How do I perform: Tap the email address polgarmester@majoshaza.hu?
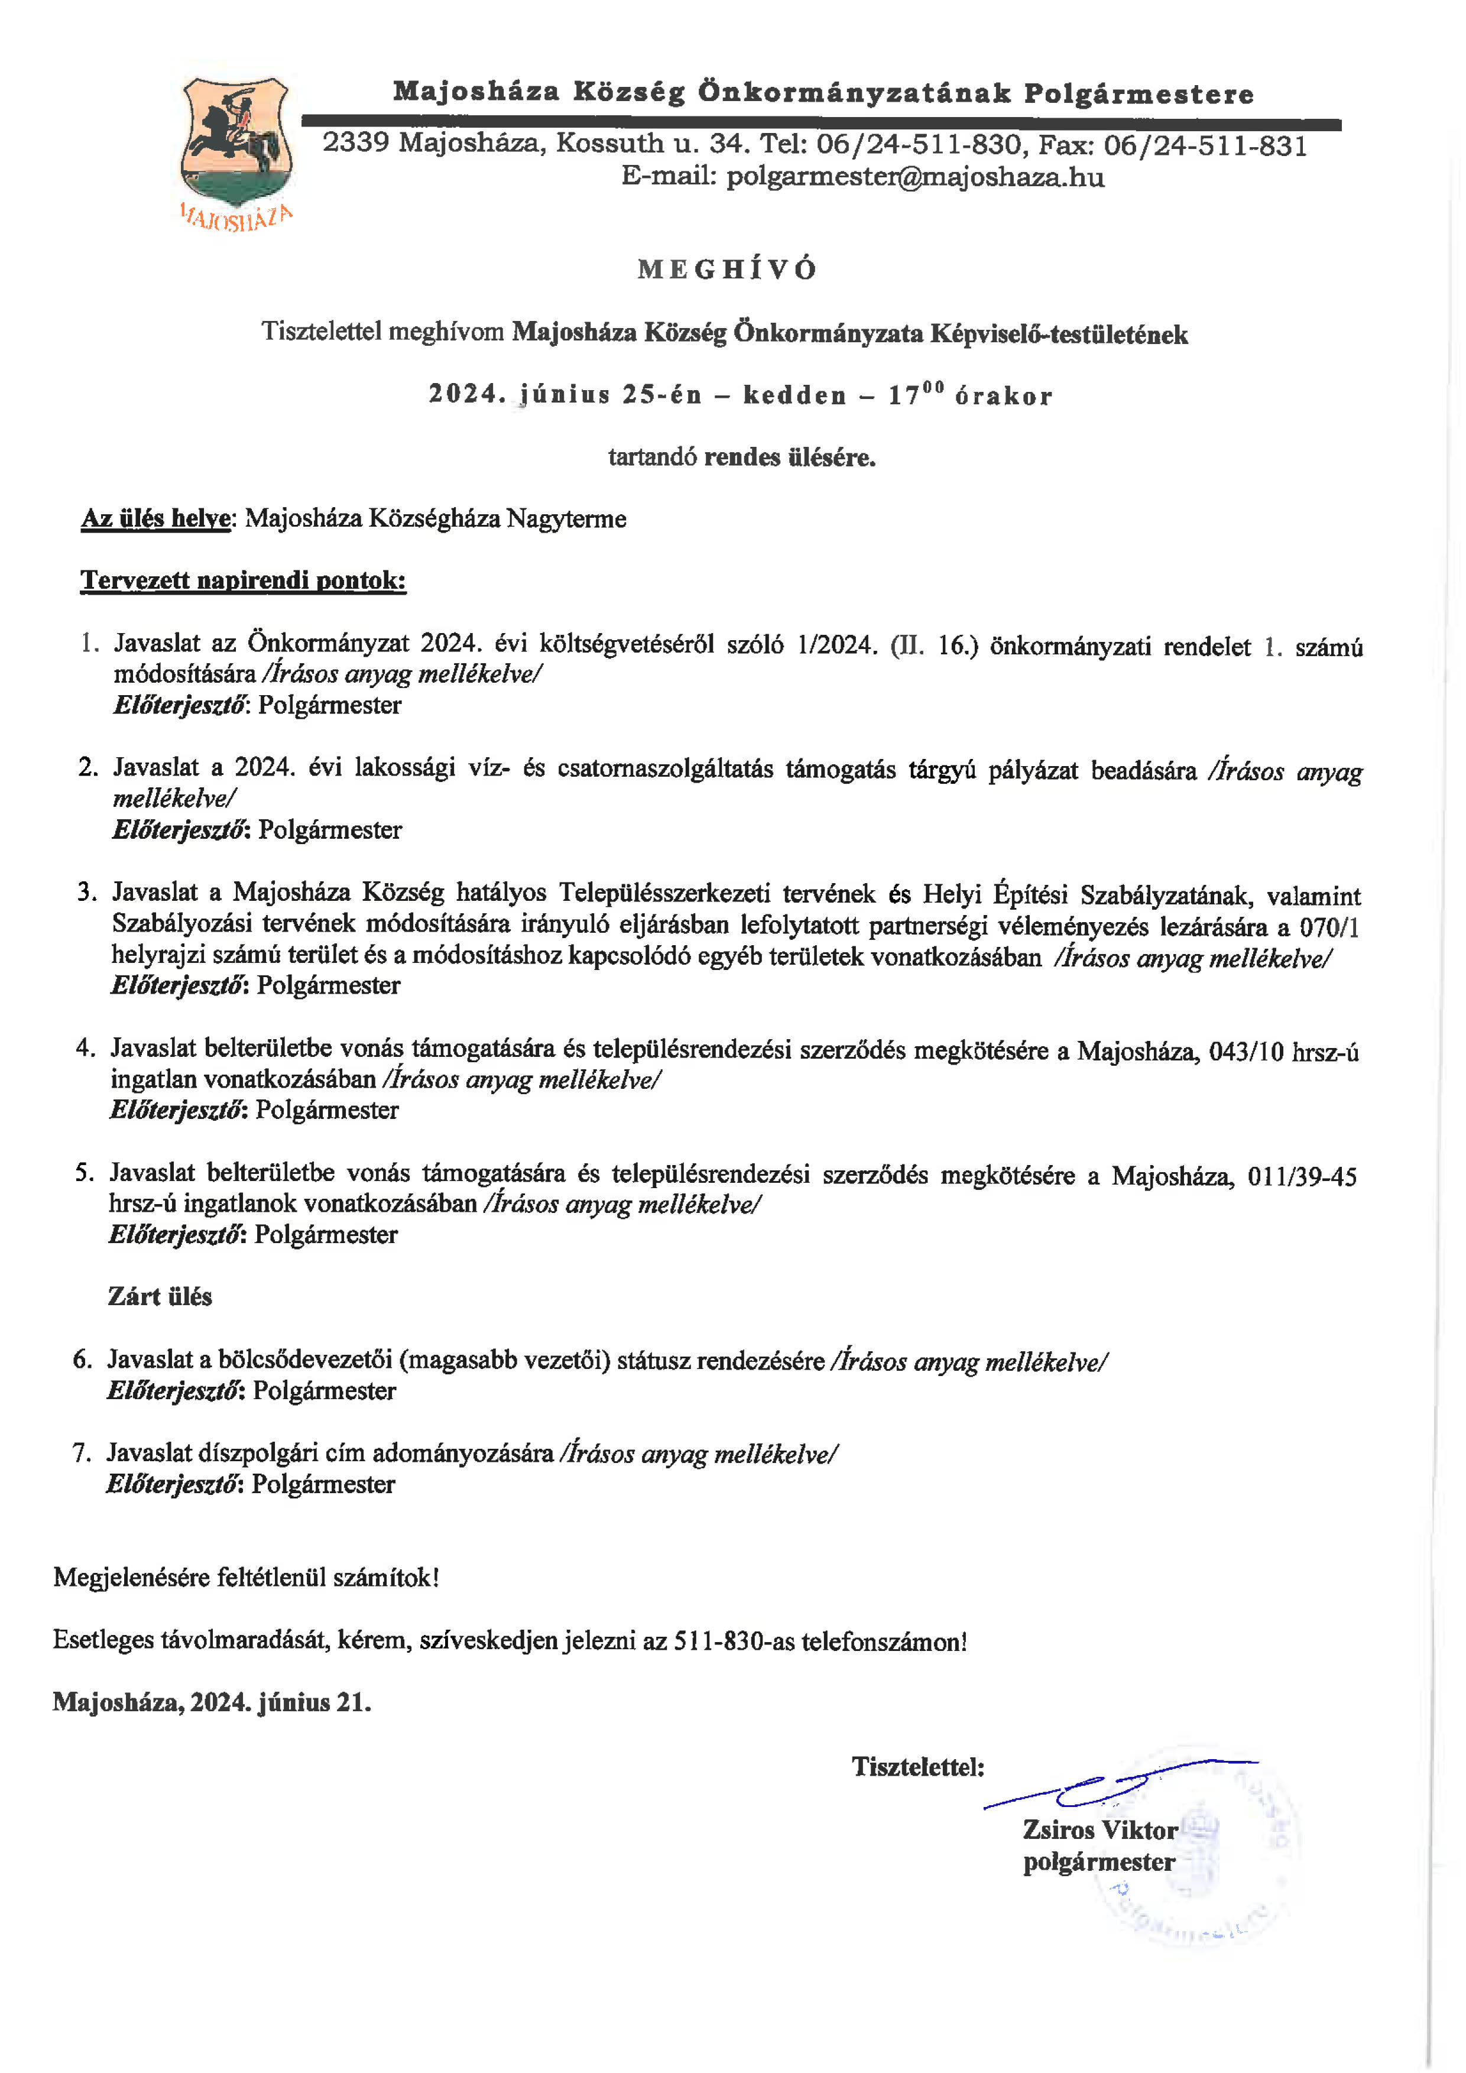(915, 177)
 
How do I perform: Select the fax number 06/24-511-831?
(1205, 146)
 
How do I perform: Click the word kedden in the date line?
(794, 395)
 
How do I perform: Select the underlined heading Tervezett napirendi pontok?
(244, 580)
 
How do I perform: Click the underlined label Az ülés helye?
(156, 519)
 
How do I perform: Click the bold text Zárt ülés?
(160, 1296)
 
